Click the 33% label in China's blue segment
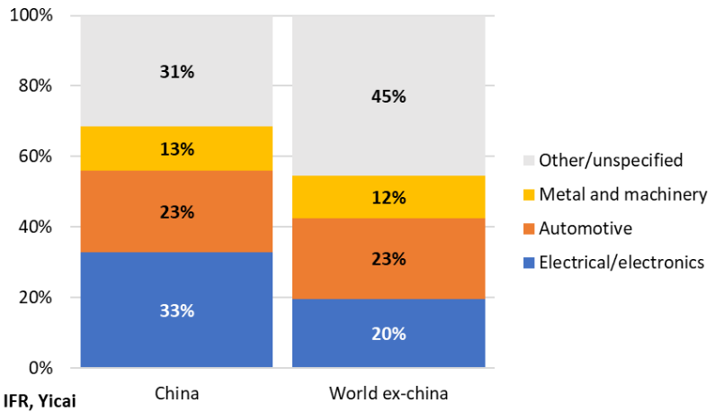click(x=177, y=310)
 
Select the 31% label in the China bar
click(x=177, y=72)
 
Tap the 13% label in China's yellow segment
click(x=177, y=149)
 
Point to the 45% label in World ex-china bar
click(x=389, y=96)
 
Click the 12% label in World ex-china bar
click(x=389, y=198)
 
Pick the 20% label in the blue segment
click(x=389, y=334)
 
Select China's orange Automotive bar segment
click(x=177, y=211)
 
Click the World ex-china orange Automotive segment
click(x=389, y=259)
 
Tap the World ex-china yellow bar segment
click(x=389, y=197)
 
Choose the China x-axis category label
click(x=177, y=393)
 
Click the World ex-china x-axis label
click(x=389, y=393)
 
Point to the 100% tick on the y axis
click(x=31, y=15)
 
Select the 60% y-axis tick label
click(x=35, y=157)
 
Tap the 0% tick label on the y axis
click(x=40, y=368)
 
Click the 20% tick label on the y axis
click(x=35, y=298)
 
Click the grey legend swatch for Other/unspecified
click(x=529, y=160)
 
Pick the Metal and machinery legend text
click(x=623, y=194)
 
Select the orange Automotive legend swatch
click(x=529, y=228)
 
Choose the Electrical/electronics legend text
click(x=621, y=263)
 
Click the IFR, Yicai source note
click(x=40, y=401)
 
